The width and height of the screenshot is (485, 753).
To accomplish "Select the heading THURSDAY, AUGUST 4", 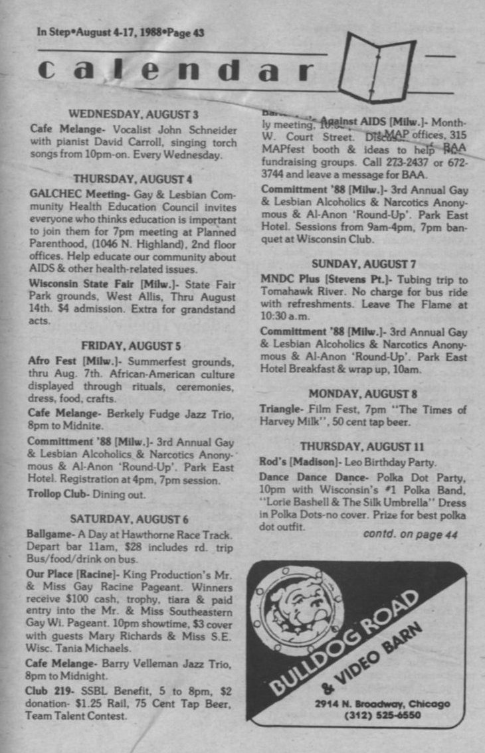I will point(133,179).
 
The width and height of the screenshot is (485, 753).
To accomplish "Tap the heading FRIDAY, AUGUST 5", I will point(133,345).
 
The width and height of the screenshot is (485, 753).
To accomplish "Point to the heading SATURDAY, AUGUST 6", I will point(133,519).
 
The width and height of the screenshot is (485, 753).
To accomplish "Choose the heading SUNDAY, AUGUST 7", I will point(363,263).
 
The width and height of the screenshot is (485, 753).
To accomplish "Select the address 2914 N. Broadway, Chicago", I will point(383,704).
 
